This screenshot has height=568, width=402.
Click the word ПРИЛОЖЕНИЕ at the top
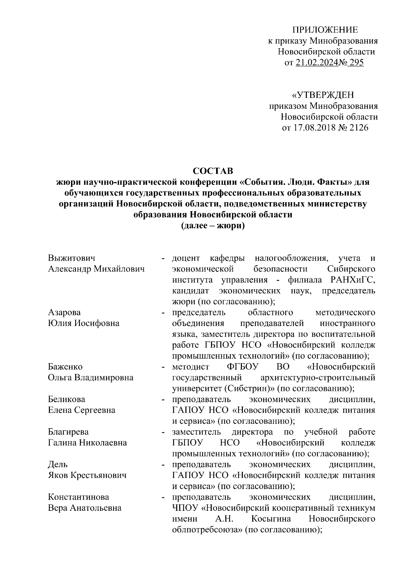(325, 30)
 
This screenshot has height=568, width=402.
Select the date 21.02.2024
(317, 63)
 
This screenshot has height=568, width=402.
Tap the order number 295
(355, 63)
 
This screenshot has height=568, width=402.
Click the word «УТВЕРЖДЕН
(323, 95)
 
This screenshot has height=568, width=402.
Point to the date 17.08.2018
(314, 128)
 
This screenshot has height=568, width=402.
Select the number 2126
(358, 128)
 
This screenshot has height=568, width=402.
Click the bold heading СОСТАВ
(213, 171)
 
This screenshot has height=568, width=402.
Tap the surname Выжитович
(71, 258)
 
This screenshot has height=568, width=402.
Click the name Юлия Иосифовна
(84, 323)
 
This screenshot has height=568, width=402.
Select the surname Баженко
(65, 367)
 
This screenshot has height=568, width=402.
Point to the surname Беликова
(67, 399)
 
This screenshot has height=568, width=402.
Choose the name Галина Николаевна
(87, 443)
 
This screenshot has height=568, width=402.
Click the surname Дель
(58, 465)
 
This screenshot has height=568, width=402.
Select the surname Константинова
(78, 497)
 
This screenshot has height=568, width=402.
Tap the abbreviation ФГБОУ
(242, 367)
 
